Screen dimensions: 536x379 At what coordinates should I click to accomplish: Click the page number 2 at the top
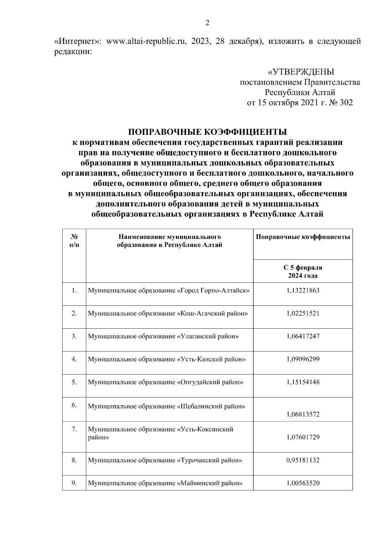207,23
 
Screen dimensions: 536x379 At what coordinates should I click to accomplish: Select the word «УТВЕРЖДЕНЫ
301,72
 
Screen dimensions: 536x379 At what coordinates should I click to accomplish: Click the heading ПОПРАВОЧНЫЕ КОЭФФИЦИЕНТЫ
207,132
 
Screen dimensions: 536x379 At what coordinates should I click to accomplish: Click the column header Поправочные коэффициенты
303,237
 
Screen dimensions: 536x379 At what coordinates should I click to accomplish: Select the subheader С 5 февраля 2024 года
303,271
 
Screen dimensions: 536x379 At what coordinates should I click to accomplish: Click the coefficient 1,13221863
303,290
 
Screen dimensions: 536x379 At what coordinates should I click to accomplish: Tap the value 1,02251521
303,313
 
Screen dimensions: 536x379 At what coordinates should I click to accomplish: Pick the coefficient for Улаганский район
303,336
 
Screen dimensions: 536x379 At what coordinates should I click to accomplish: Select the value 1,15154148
303,382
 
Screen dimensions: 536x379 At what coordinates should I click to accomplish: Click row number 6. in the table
74,405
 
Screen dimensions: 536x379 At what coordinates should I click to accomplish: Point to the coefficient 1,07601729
303,437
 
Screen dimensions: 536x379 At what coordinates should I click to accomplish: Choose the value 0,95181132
303,460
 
